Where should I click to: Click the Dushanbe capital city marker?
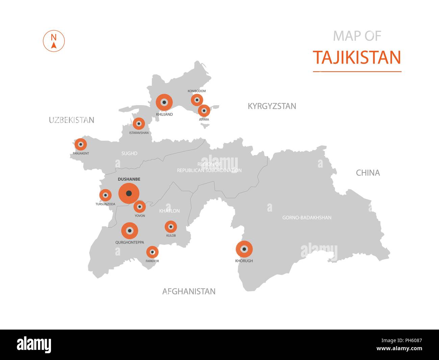(x=129, y=193)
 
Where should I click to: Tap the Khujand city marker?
(x=164, y=102)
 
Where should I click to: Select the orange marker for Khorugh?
(x=244, y=249)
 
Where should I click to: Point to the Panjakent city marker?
(x=80, y=145)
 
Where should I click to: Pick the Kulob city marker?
(x=171, y=227)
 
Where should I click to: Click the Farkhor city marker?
(x=152, y=252)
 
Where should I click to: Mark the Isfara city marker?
(x=204, y=111)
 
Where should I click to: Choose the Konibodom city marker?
(x=197, y=100)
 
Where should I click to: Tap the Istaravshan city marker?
(x=138, y=124)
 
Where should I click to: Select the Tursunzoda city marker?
(x=105, y=195)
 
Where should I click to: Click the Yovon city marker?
(x=139, y=207)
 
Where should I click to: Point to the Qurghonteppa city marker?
(x=130, y=231)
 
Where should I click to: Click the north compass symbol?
(x=54, y=41)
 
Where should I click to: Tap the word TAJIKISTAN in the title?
(x=357, y=57)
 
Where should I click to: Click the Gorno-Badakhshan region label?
(x=307, y=218)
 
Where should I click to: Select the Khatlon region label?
(x=169, y=211)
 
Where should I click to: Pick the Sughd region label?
(x=129, y=153)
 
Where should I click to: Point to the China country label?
(x=368, y=173)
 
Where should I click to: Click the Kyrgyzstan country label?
(x=272, y=106)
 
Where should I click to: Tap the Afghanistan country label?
(x=189, y=291)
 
